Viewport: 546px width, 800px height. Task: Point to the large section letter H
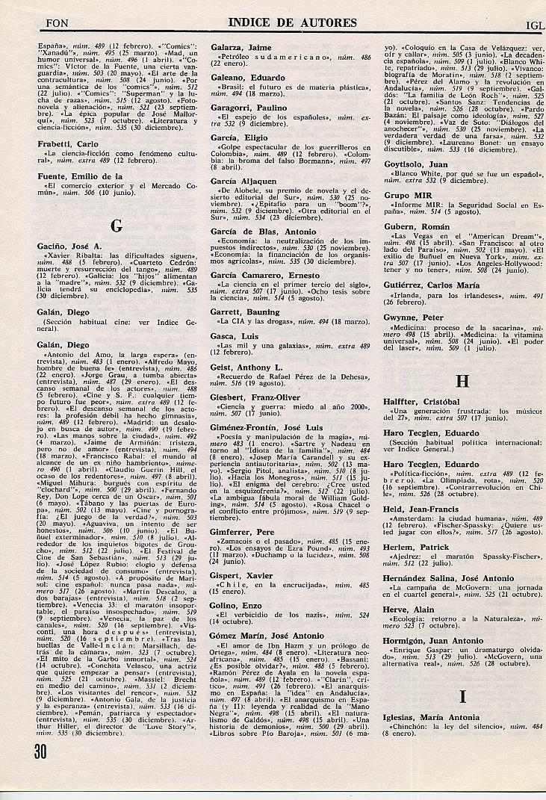pyautogui.click(x=462, y=380)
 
